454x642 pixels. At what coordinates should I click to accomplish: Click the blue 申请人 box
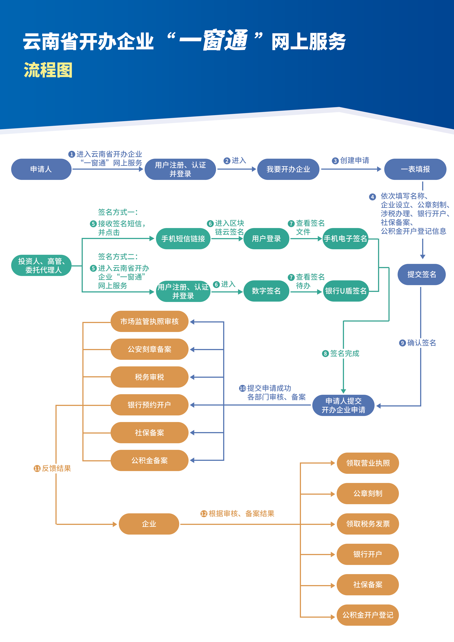pyautogui.click(x=41, y=169)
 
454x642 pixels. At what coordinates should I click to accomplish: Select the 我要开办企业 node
pyautogui.click(x=288, y=169)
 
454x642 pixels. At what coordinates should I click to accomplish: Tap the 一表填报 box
pyautogui.click(x=415, y=169)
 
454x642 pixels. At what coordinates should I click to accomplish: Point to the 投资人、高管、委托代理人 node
pyautogui.click(x=41, y=265)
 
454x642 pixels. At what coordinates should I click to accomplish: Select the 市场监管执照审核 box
pyautogui.click(x=149, y=321)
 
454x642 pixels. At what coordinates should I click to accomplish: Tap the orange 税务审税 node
pyautogui.click(x=149, y=377)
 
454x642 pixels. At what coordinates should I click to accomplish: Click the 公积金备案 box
pyautogui.click(x=149, y=460)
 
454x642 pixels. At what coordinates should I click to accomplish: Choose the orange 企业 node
pyautogui.click(x=149, y=524)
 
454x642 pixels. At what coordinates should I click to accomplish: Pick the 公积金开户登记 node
pyautogui.click(x=368, y=615)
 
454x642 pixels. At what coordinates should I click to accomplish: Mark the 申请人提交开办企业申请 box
pyautogui.click(x=343, y=405)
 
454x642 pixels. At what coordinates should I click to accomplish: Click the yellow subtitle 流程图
pyautogui.click(x=48, y=70)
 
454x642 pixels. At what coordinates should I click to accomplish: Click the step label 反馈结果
pyautogui.click(x=56, y=468)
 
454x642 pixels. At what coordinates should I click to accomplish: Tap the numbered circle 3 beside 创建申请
pyautogui.click(x=335, y=161)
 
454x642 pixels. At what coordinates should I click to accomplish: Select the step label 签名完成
pyautogui.click(x=344, y=353)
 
